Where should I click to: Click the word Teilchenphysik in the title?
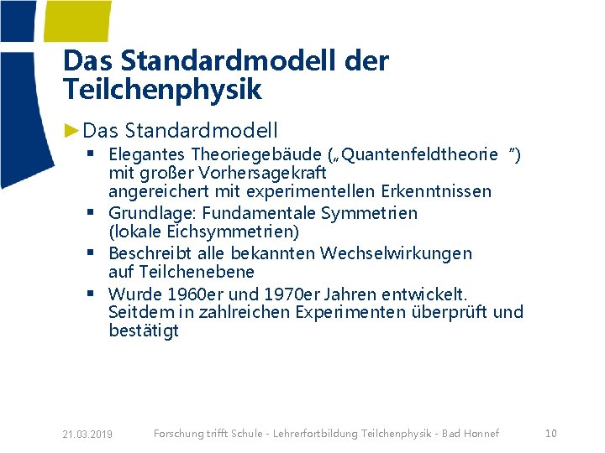point(162,89)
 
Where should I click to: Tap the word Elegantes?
point(147,154)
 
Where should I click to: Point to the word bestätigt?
point(144,331)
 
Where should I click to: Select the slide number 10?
point(551,433)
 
